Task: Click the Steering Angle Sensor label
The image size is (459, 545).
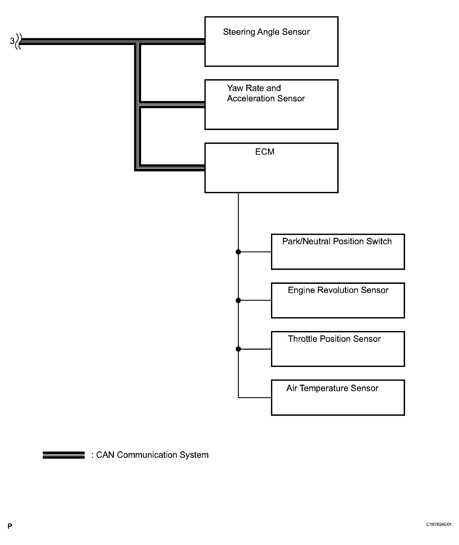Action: pyautogui.click(x=266, y=32)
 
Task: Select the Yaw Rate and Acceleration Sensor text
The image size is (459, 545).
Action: pyautogui.click(x=266, y=93)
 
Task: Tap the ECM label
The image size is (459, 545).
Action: pyautogui.click(x=265, y=152)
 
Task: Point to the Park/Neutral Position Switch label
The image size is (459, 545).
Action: pyautogui.click(x=337, y=241)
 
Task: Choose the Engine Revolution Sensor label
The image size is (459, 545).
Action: pyautogui.click(x=338, y=290)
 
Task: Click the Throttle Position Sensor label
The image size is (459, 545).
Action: pyautogui.click(x=334, y=339)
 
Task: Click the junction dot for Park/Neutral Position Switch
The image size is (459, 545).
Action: pyautogui.click(x=238, y=252)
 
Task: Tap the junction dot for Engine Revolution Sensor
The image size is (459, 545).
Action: pyautogui.click(x=238, y=300)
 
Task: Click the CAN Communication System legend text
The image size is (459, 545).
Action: pyautogui.click(x=152, y=455)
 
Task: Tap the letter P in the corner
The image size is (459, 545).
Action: pyautogui.click(x=10, y=526)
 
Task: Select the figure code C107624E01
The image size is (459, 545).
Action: pyautogui.click(x=438, y=524)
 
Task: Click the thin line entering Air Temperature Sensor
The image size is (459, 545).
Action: pyautogui.click(x=255, y=397)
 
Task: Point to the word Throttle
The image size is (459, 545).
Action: pyautogui.click(x=302, y=339)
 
